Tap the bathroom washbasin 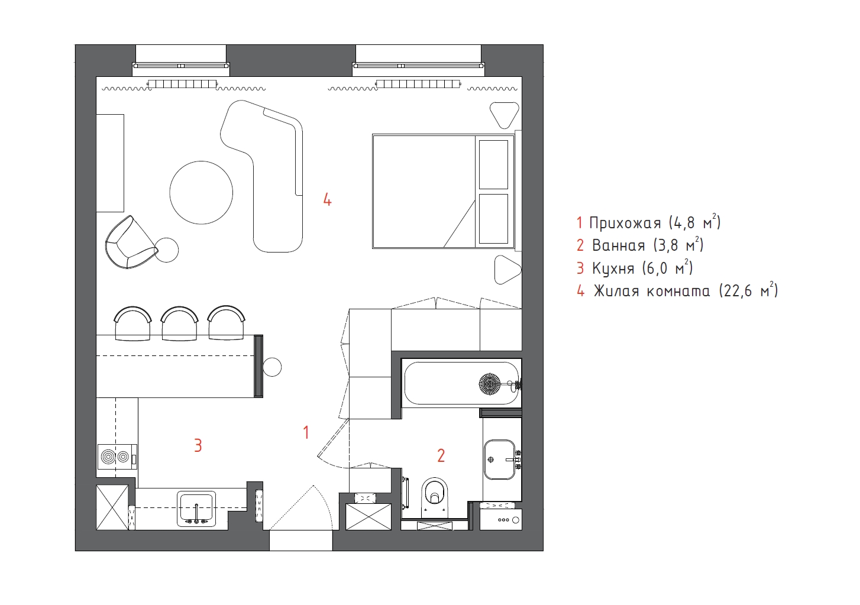click(499, 460)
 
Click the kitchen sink click(196, 509)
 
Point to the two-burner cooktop click(117, 457)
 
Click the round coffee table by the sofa click(201, 192)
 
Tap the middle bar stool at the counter click(179, 323)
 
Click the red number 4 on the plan click(327, 200)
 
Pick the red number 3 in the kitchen click(198, 445)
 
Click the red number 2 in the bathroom click(441, 455)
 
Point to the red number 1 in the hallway click(306, 433)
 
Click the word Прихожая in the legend click(625, 222)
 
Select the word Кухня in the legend click(613, 268)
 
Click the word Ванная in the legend click(619, 245)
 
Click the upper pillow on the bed click(493, 164)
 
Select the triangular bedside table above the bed click(505, 115)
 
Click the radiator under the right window click(418, 84)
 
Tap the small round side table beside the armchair click(167, 250)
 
